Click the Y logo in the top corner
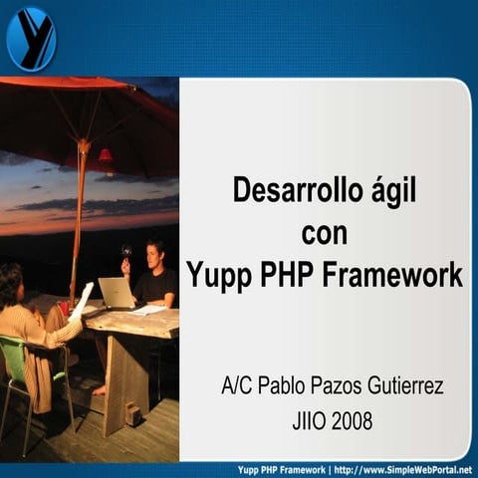(x=31, y=38)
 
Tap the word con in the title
(x=325, y=232)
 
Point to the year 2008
(x=351, y=421)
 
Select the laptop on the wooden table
(x=116, y=293)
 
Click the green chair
(x=25, y=368)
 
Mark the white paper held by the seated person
(x=83, y=299)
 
